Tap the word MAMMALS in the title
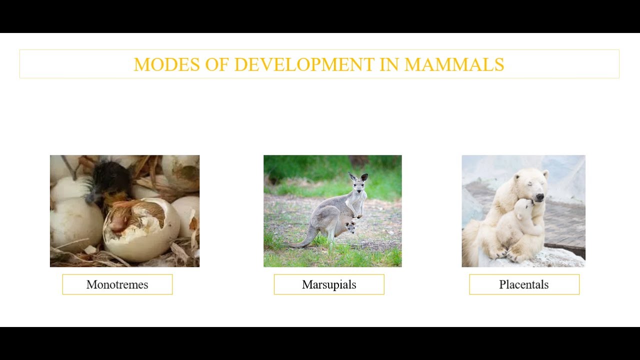pyautogui.click(x=454, y=64)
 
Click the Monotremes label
pyautogui.click(x=117, y=284)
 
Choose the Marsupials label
pyautogui.click(x=329, y=284)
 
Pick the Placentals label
pyautogui.click(x=524, y=284)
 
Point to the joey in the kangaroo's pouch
pyautogui.click(x=350, y=227)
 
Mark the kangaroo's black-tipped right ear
pyautogui.click(x=364, y=176)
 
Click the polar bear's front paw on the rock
pyautogui.click(x=500, y=254)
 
